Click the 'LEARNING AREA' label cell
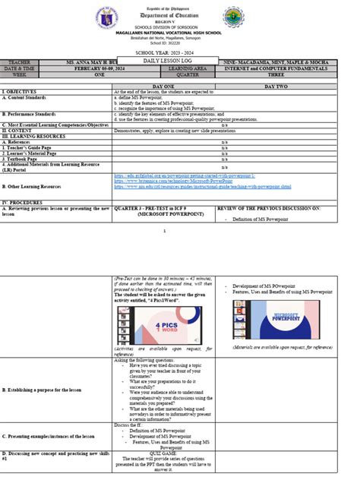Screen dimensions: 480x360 (190, 68)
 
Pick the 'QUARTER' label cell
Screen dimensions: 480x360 (190, 74)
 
